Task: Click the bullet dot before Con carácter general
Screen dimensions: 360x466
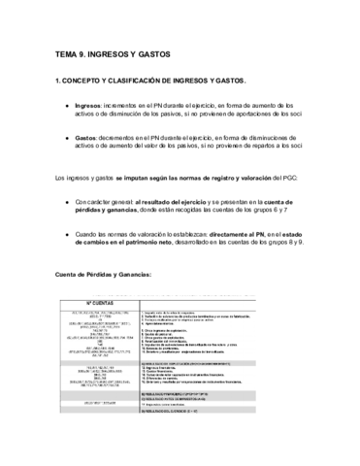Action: [x=65, y=202]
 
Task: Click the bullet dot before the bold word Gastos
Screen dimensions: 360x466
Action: [x=65, y=138]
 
